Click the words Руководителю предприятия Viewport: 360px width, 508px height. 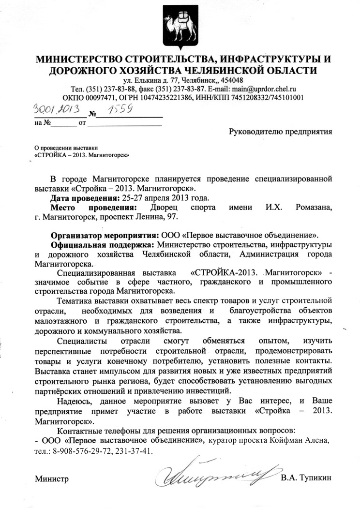click(x=280, y=131)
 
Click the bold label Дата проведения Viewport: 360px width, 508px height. click(x=83, y=197)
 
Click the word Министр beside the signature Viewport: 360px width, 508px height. click(x=52, y=478)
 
